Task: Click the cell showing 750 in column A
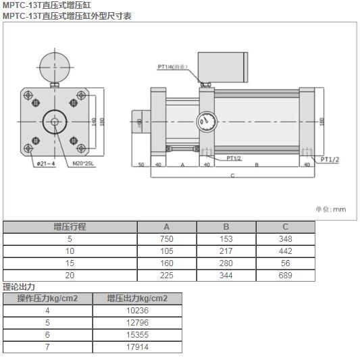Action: (x=167, y=239)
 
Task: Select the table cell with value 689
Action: (x=285, y=276)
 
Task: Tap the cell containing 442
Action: (x=285, y=251)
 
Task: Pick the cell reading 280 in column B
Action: (x=226, y=263)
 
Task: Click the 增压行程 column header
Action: (x=70, y=227)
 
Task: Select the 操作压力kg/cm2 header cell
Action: (x=47, y=299)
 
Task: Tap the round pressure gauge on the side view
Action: (x=206, y=122)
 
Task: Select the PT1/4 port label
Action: (x=172, y=67)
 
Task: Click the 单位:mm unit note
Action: (x=330, y=209)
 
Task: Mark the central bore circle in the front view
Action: (x=53, y=122)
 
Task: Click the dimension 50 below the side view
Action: (x=142, y=164)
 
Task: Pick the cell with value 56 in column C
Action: (x=285, y=263)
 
